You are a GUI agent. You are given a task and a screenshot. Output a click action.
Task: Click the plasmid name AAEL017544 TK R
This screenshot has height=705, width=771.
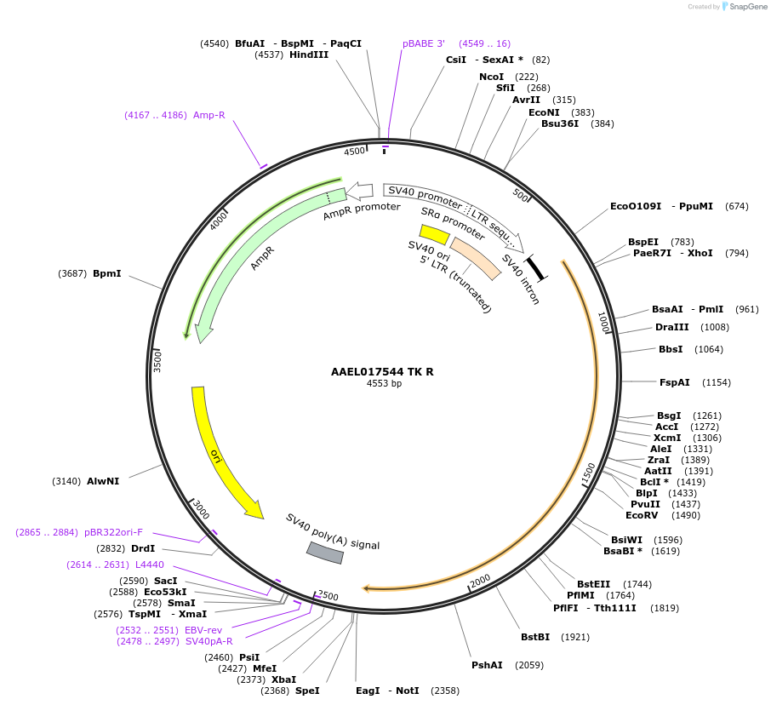(x=383, y=371)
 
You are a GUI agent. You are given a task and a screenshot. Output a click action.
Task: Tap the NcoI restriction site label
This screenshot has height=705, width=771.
(x=491, y=77)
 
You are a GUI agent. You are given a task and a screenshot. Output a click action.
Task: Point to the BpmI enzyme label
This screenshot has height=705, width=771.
(x=106, y=273)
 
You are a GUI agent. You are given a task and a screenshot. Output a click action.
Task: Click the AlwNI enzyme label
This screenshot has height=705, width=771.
(x=103, y=481)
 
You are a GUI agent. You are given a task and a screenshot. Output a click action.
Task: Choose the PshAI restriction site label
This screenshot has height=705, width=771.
(x=487, y=665)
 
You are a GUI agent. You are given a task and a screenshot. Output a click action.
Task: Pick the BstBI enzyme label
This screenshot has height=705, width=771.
(x=535, y=637)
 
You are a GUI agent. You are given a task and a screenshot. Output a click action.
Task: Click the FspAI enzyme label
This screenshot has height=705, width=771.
(x=675, y=382)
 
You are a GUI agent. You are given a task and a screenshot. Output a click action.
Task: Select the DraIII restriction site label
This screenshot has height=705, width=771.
(x=672, y=327)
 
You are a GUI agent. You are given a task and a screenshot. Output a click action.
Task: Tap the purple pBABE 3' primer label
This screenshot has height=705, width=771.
(x=424, y=43)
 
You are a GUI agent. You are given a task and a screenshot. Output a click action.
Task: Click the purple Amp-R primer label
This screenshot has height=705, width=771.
(x=208, y=115)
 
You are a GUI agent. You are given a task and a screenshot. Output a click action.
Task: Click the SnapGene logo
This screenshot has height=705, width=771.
(x=743, y=7)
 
